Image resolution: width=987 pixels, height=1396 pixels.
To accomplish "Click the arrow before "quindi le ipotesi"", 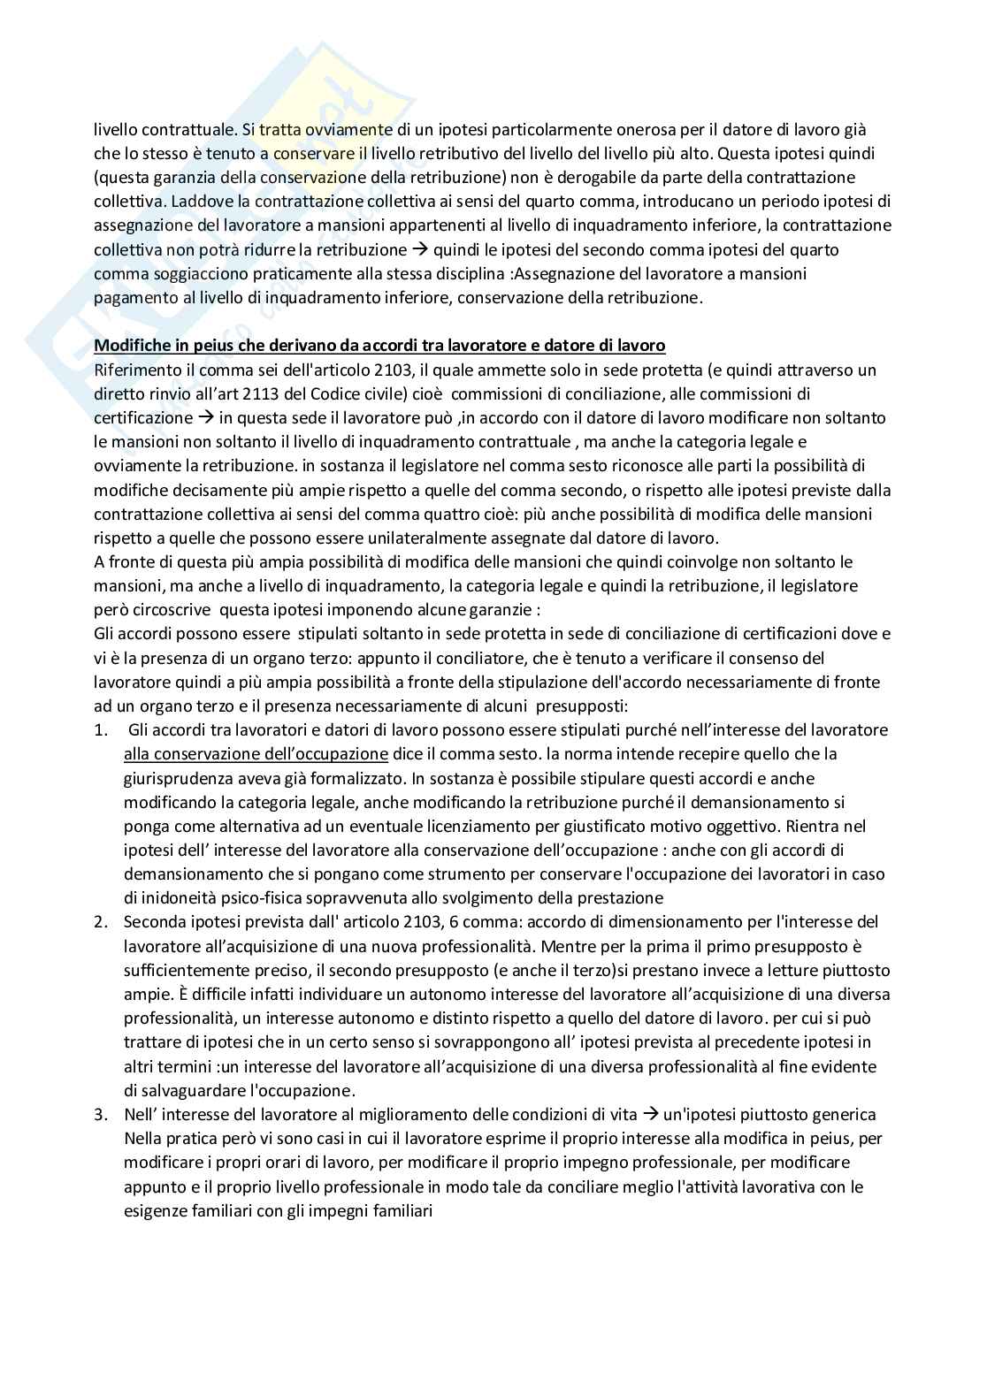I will coord(421,250).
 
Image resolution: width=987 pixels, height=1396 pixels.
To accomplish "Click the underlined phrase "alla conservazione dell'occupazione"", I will coord(256,754).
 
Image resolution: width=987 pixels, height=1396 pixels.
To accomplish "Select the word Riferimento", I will coord(134,370).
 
